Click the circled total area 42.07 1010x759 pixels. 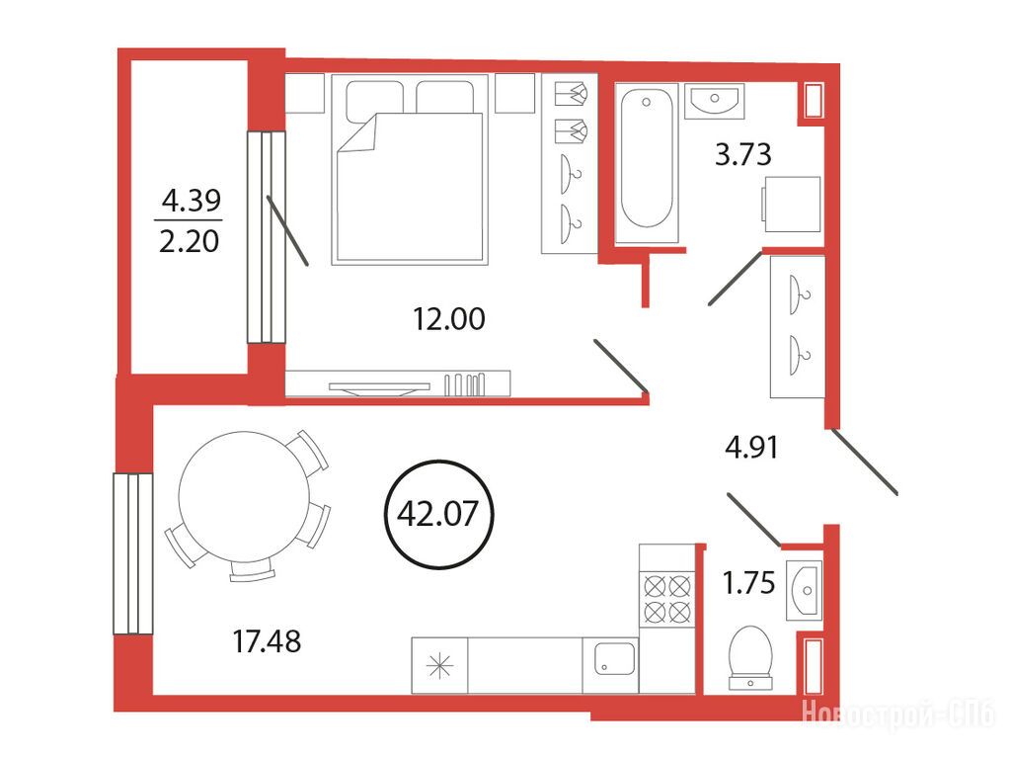point(438,514)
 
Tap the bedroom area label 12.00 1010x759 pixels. point(449,318)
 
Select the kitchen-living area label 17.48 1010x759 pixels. point(267,641)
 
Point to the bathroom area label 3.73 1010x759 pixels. point(742,155)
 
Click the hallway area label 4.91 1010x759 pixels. point(751,447)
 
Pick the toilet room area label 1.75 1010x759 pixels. point(748,582)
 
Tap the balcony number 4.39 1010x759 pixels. point(192,200)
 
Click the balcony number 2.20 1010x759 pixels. point(190,241)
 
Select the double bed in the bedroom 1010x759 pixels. point(411,169)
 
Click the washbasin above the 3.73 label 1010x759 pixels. point(714,101)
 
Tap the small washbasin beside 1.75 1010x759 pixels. point(804,589)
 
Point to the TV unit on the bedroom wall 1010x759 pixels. point(398,383)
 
